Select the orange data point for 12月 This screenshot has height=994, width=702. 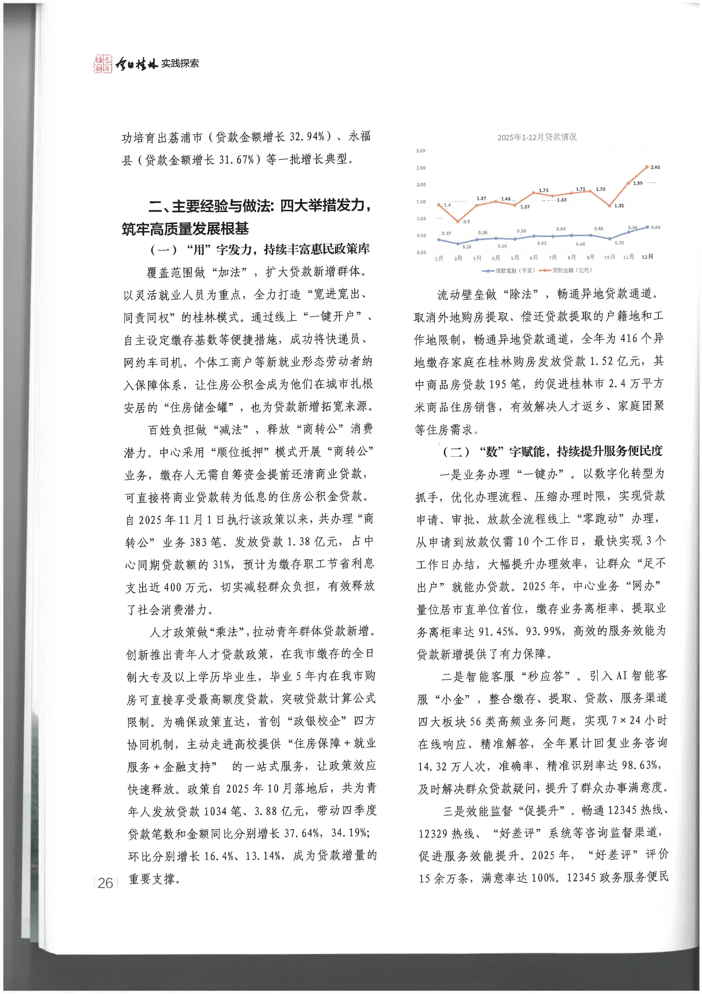[x=647, y=167]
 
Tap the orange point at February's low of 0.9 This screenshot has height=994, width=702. [x=458, y=221]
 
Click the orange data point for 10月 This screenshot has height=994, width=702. [x=609, y=206]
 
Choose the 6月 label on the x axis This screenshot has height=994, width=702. [x=534, y=258]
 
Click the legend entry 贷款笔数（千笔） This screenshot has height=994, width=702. [x=509, y=271]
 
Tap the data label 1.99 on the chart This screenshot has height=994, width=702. [x=638, y=183]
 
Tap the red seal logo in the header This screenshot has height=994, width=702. [x=103, y=63]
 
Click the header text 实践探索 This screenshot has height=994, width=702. [x=180, y=63]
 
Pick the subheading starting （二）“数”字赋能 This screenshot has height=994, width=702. [x=552, y=452]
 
